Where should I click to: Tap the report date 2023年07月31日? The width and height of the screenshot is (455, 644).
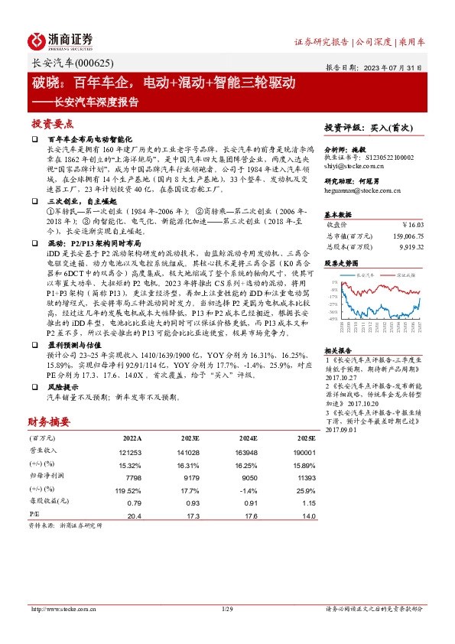(x=395, y=67)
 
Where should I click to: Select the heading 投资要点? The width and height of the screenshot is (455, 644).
(x=53, y=123)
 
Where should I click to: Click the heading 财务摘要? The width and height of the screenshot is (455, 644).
(x=49, y=421)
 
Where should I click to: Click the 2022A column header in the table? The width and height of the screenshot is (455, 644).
(x=132, y=439)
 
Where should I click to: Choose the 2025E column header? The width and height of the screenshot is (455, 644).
(x=306, y=439)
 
